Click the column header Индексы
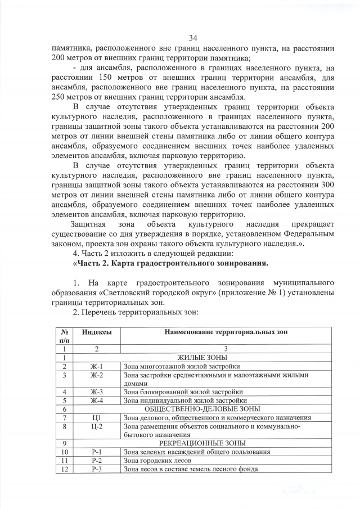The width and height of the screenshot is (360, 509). point(97,332)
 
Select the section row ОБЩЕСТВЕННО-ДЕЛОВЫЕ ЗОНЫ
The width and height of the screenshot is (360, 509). point(202,409)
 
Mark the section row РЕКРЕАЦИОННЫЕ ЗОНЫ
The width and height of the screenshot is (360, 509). point(202,443)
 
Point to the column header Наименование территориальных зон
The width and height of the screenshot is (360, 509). point(226,332)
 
